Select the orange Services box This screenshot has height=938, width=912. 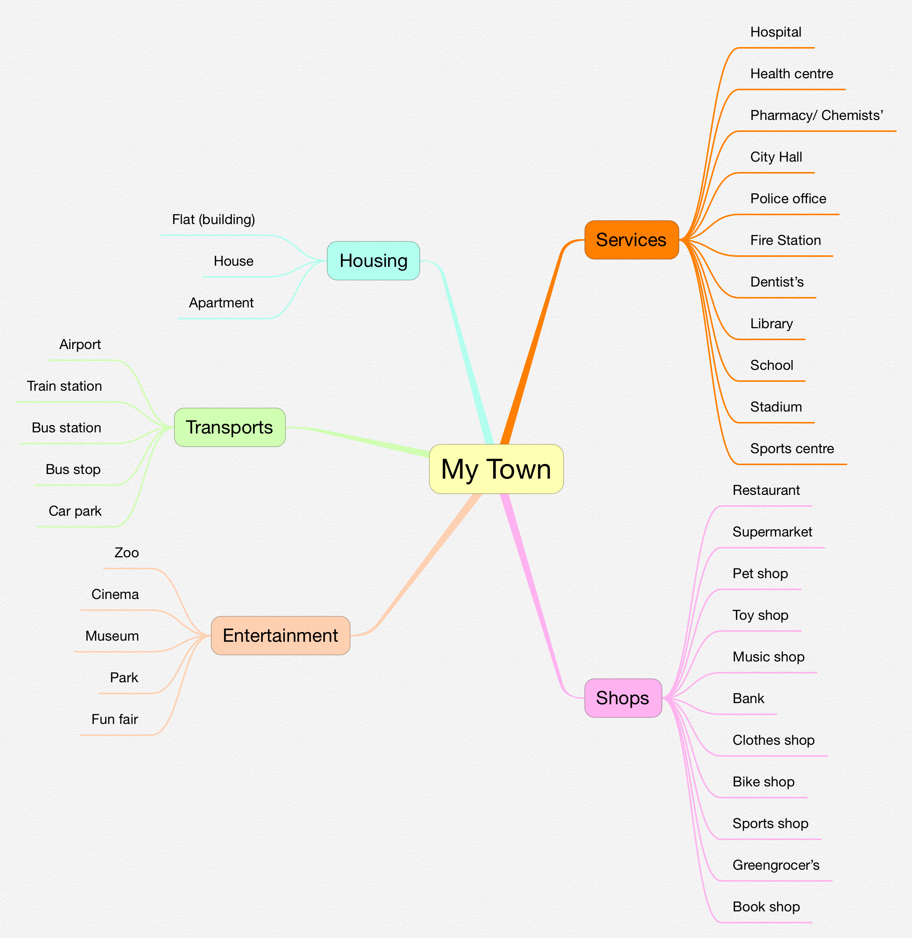click(631, 240)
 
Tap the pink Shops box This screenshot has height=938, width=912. click(623, 698)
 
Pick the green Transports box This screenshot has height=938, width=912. click(230, 427)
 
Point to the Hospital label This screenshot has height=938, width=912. click(775, 32)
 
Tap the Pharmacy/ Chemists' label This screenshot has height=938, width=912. click(816, 115)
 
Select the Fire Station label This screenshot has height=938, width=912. click(785, 240)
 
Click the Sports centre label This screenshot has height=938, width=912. click(792, 449)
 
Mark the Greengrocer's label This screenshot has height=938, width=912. click(776, 865)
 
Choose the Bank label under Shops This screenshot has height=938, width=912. click(748, 698)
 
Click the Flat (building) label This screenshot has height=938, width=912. click(213, 219)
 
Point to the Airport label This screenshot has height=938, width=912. click(80, 344)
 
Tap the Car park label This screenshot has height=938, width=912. click(75, 511)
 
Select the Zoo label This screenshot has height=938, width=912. click(127, 553)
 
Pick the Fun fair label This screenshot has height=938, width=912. click(115, 719)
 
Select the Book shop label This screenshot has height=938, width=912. click(766, 907)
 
